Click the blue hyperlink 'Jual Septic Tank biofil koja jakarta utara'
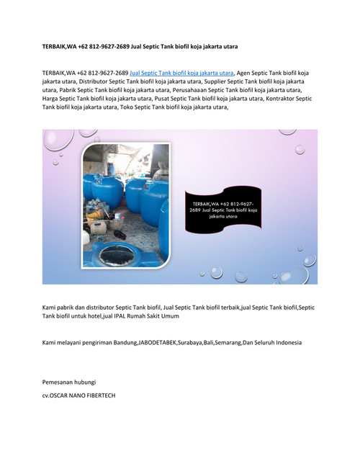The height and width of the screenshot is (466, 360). [x=181, y=73]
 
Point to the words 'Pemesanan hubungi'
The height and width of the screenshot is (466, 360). [x=69, y=381]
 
